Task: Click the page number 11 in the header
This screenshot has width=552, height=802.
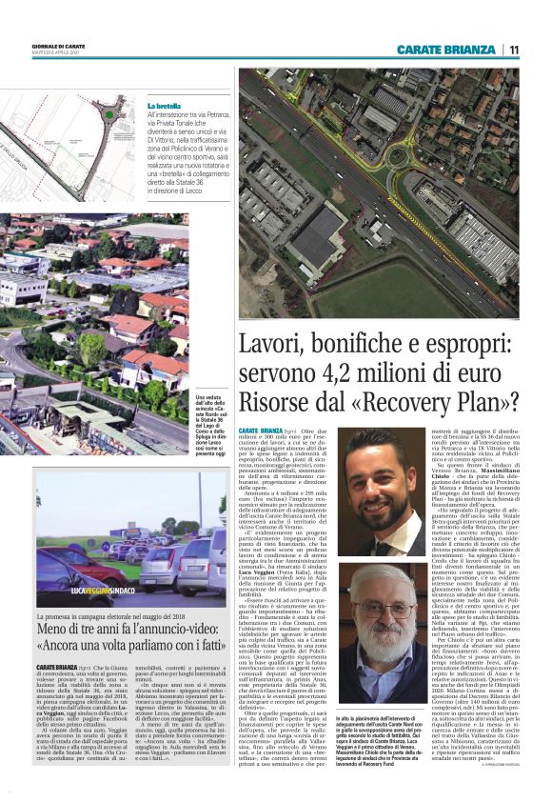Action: point(513,50)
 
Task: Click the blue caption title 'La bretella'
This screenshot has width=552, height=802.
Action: point(164,105)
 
